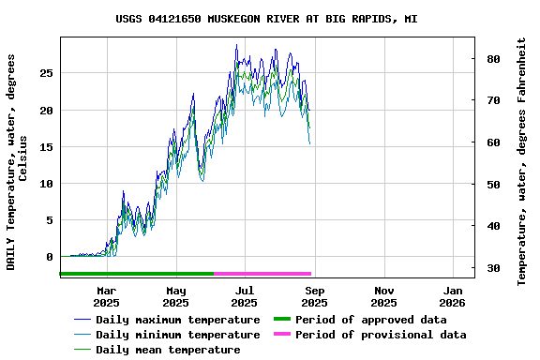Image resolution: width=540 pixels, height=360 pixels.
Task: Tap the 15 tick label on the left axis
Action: (x=47, y=146)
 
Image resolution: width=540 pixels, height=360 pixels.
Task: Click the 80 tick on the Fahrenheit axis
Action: (x=489, y=58)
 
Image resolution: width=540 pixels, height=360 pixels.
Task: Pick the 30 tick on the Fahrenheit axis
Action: (x=489, y=268)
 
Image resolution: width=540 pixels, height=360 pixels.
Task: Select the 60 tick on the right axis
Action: (x=489, y=142)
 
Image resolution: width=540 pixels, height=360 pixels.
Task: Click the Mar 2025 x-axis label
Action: (x=106, y=296)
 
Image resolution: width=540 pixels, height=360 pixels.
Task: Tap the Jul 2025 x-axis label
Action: (x=244, y=296)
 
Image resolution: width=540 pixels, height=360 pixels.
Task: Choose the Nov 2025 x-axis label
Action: (x=383, y=296)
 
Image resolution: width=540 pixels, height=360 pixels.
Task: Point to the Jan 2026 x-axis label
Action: (x=453, y=296)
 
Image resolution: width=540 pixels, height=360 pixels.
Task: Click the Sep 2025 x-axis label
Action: (x=314, y=296)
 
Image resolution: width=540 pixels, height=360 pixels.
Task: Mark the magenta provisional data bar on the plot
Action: (x=262, y=274)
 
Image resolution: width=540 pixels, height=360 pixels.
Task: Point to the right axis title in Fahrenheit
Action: (x=522, y=161)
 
